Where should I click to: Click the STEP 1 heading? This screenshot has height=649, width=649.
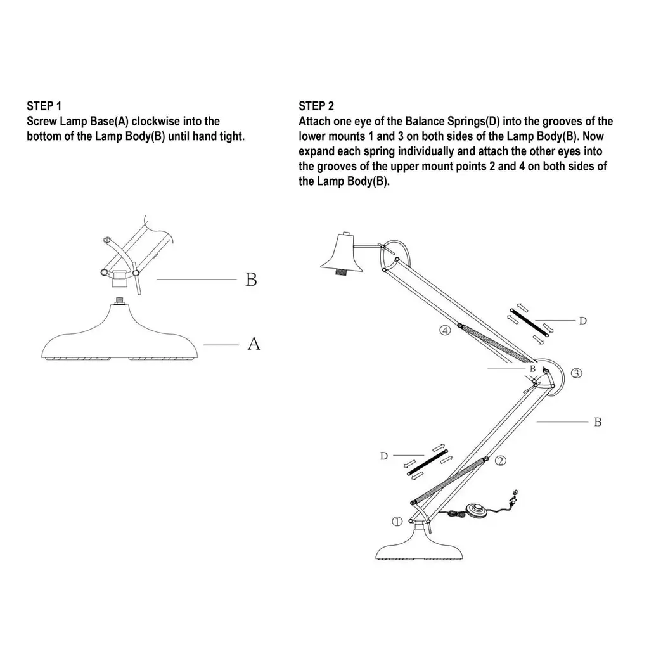(44, 106)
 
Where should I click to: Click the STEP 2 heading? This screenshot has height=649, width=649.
(316, 106)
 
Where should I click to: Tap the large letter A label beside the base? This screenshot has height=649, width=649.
(254, 344)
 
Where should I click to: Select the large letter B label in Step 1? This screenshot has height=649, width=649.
(251, 280)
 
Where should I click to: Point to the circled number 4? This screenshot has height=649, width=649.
(445, 330)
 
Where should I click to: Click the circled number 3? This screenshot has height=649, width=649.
(576, 373)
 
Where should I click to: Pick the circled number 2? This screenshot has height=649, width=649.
(501, 460)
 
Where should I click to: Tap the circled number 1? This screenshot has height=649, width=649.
(397, 522)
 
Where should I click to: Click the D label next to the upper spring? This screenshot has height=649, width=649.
(583, 321)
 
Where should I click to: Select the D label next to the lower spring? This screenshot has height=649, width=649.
(383, 456)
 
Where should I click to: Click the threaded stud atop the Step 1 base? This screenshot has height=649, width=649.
(120, 300)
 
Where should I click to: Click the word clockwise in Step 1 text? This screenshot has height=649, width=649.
(156, 121)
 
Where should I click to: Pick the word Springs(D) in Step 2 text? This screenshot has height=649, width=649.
(473, 122)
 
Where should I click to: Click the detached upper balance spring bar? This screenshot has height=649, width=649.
(529, 323)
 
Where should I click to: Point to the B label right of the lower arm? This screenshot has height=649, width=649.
(598, 421)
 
